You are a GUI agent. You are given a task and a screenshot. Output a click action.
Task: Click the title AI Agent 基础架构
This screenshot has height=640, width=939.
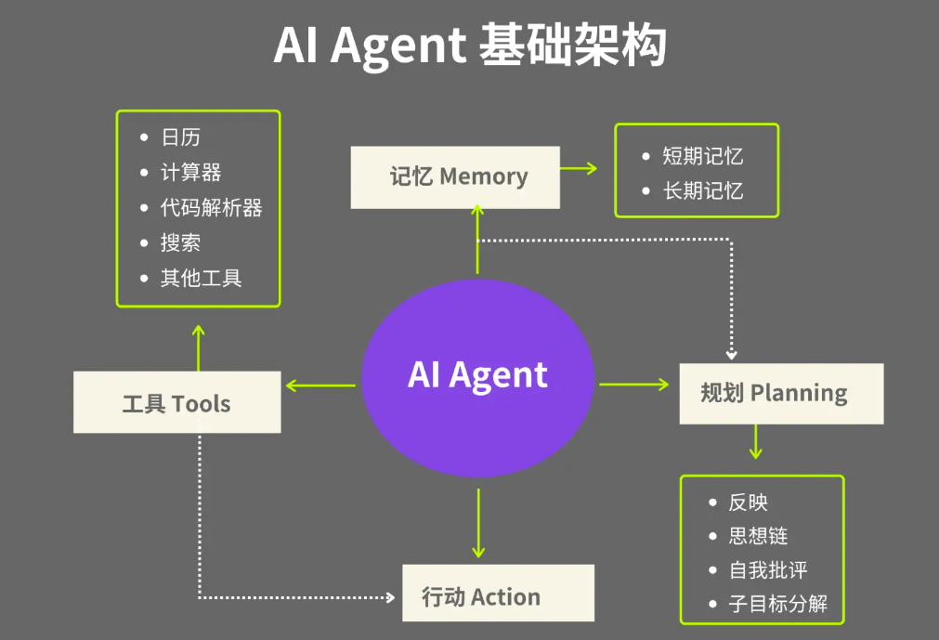(x=469, y=46)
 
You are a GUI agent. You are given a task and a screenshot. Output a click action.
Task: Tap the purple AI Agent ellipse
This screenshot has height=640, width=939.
(x=477, y=375)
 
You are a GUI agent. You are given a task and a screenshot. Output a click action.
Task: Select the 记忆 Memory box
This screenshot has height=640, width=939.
(x=455, y=176)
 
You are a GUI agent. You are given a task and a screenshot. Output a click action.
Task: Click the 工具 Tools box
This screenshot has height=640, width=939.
(x=176, y=402)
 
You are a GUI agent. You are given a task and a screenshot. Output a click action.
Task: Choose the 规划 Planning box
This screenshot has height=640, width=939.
(x=780, y=393)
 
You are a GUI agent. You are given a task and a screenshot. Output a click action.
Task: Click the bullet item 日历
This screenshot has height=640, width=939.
(x=180, y=137)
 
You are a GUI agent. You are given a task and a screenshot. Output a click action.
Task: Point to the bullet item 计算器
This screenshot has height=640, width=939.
(x=190, y=173)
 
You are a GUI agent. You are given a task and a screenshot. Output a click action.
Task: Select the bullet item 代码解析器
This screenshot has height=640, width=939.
(x=211, y=208)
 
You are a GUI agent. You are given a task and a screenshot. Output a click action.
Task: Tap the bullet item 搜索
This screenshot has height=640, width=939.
(x=180, y=243)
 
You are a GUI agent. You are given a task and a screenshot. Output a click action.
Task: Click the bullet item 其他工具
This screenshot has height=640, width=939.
(x=201, y=279)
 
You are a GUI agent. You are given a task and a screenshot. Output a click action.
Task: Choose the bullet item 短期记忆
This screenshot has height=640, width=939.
(x=702, y=156)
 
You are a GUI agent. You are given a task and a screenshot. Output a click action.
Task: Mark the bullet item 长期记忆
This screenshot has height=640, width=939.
(x=702, y=191)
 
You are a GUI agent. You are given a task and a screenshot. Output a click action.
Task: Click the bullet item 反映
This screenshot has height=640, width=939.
(x=748, y=503)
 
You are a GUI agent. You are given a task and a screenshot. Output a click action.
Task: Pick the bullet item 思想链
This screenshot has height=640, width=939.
(x=758, y=537)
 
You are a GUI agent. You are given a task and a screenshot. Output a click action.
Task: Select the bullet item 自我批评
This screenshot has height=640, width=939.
(x=768, y=570)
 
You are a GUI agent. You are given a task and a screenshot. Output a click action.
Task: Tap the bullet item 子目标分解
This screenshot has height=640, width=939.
(x=778, y=605)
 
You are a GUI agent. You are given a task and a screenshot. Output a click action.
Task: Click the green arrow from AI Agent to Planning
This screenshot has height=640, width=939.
(x=634, y=384)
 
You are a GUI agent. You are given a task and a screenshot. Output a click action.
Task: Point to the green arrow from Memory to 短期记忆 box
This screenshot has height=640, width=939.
(x=580, y=168)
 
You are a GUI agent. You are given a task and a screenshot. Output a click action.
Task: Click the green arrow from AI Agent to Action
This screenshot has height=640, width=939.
(x=478, y=523)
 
